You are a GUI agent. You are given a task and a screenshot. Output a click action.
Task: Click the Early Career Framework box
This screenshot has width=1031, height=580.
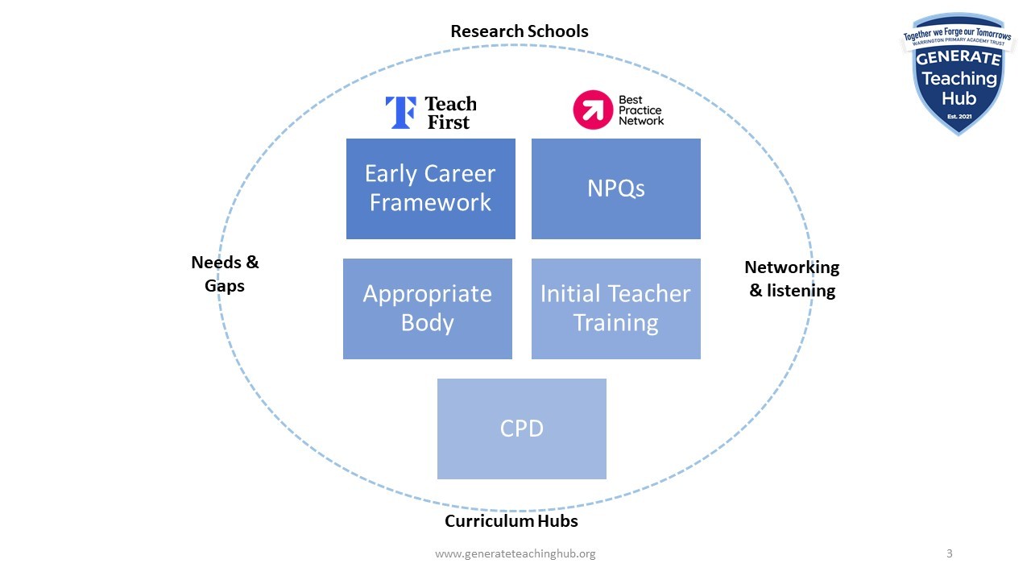click(x=431, y=188)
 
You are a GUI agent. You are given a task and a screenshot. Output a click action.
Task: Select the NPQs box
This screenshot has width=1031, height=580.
click(x=616, y=188)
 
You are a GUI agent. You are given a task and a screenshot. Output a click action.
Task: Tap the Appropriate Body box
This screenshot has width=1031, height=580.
click(x=428, y=309)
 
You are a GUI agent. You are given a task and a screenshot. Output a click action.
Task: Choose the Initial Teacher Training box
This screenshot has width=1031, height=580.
click(x=616, y=309)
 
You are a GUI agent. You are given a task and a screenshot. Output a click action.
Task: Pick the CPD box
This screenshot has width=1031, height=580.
click(x=522, y=429)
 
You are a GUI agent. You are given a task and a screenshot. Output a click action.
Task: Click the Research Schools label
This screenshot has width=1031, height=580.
click(x=520, y=31)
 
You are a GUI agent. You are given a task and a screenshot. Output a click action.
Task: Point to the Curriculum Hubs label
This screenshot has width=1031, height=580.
click(x=511, y=521)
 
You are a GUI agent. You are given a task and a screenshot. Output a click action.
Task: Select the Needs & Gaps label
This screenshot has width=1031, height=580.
click(x=225, y=274)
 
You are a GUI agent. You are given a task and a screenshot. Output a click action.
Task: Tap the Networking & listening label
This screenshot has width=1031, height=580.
click(x=792, y=279)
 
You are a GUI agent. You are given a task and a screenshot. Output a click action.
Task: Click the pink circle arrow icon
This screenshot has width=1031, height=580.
click(x=593, y=110)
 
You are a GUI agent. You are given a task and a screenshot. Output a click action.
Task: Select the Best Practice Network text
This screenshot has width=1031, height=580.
click(x=641, y=110)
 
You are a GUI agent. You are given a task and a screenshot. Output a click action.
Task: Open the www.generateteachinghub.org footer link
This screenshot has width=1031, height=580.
click(x=515, y=554)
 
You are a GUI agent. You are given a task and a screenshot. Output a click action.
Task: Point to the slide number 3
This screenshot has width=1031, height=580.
click(x=950, y=553)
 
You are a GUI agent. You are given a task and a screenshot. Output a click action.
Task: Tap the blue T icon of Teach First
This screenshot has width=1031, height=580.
click(x=400, y=113)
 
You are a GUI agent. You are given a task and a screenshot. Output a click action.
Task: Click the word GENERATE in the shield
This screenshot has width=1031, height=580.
click(x=959, y=59)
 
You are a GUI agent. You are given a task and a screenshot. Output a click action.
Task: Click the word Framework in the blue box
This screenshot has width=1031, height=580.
click(x=431, y=202)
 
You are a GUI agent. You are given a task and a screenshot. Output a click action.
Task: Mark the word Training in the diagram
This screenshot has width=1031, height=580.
click(x=616, y=323)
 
